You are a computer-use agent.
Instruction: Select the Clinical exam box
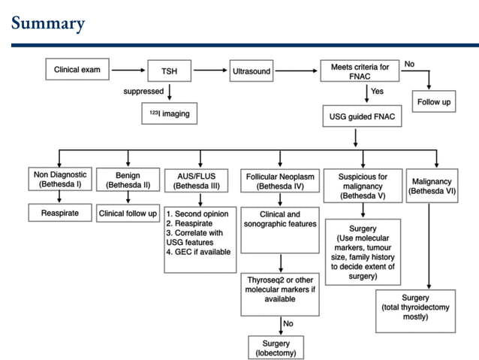point(77,71)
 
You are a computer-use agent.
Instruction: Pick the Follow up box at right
point(434,101)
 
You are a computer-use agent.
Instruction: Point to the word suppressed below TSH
point(143,92)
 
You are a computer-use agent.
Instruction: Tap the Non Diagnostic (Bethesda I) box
point(56,180)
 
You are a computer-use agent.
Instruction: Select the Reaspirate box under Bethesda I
point(56,213)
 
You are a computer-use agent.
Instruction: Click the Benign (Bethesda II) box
point(128,180)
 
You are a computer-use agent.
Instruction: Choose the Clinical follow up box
point(128,213)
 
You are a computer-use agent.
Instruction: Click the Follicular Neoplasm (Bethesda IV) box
point(279,180)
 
